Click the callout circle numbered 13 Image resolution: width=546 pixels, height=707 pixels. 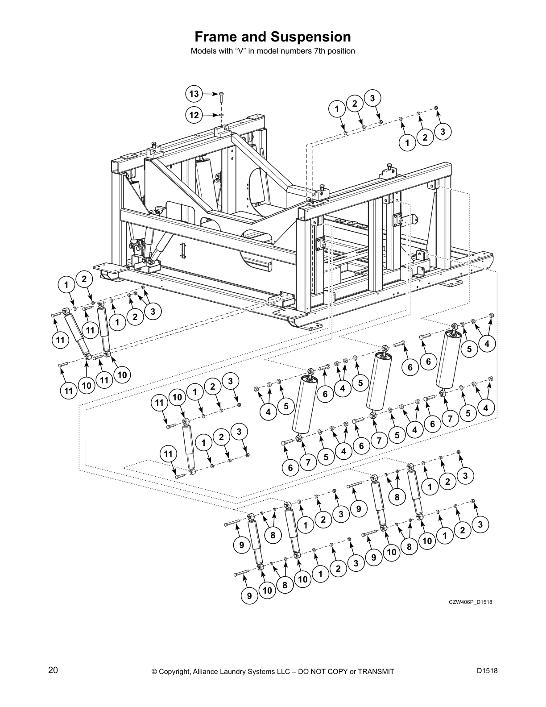pyautogui.click(x=194, y=94)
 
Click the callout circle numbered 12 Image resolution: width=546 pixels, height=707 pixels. pyautogui.click(x=194, y=115)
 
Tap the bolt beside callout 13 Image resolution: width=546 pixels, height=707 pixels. pyautogui.click(x=222, y=95)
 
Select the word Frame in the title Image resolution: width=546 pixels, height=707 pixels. pyautogui.click(x=217, y=37)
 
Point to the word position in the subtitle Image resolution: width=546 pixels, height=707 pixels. pyautogui.click(x=341, y=51)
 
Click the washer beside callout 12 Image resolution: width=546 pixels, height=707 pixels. pyautogui.click(x=222, y=115)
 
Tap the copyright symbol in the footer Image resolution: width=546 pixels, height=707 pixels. pyautogui.click(x=155, y=671)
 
